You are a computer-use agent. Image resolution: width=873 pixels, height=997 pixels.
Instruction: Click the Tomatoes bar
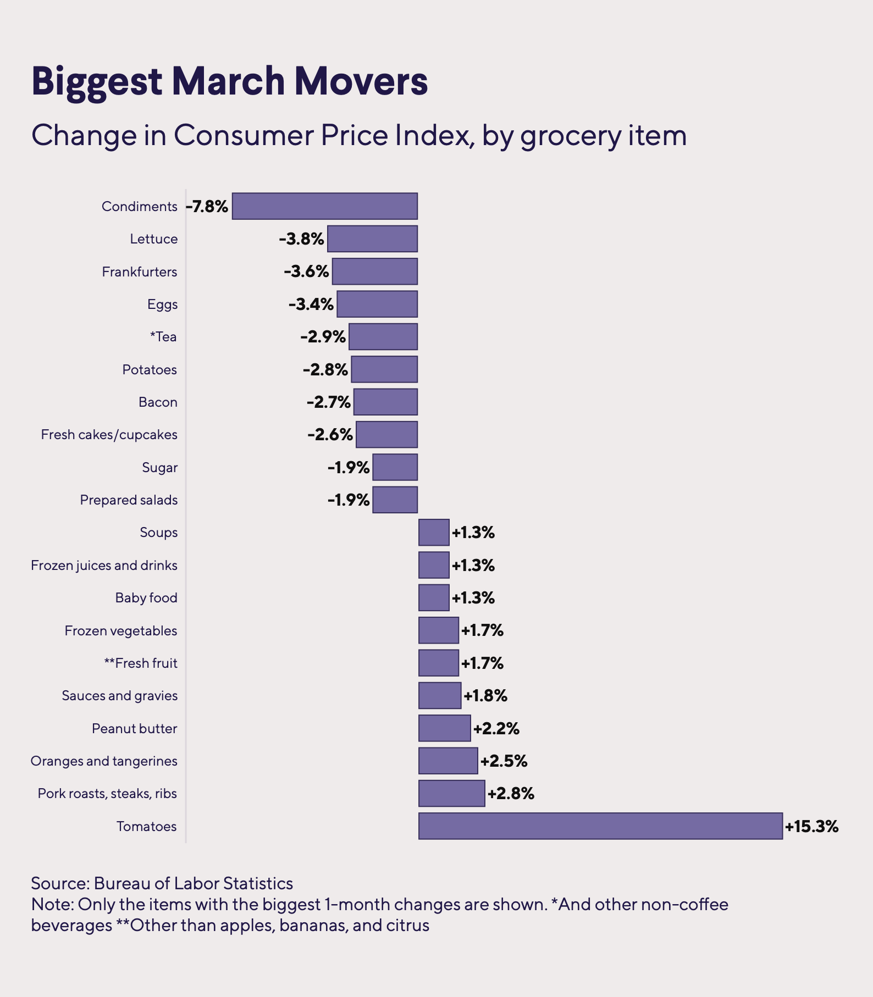pos(600,826)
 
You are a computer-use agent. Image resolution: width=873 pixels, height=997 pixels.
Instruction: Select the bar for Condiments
pos(324,206)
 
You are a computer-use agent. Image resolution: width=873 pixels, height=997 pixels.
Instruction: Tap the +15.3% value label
pos(811,827)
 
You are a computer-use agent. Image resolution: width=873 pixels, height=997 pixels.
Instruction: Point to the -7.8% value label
pos(207,207)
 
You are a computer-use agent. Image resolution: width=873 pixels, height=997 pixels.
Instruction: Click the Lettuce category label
pos(154,239)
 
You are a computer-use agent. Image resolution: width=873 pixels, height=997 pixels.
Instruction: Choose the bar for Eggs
pos(377,304)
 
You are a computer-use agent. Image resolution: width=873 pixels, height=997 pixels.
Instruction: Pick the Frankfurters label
pos(140,272)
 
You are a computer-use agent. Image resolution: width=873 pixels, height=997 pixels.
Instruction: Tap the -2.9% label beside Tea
pos(323,337)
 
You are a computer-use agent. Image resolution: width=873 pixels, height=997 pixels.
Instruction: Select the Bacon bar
pos(385,402)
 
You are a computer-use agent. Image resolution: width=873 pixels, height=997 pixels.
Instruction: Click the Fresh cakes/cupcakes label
pos(109,435)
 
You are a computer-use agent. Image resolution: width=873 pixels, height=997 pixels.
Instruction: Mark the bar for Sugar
pos(395,467)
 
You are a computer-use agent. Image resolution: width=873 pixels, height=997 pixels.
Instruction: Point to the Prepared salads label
pos(129,500)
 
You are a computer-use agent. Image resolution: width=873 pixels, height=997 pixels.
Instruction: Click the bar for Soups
pos(434,533)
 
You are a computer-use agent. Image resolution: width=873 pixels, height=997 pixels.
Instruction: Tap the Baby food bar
pos(434,597)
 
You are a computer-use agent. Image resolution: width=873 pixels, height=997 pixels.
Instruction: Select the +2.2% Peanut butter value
pos(496,729)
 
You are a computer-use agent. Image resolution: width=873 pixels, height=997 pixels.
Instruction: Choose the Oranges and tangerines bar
pos(448,761)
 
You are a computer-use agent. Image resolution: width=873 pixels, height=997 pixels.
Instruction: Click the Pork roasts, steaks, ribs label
pos(108,794)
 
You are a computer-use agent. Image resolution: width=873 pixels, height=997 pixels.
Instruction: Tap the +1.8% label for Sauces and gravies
pos(485,696)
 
